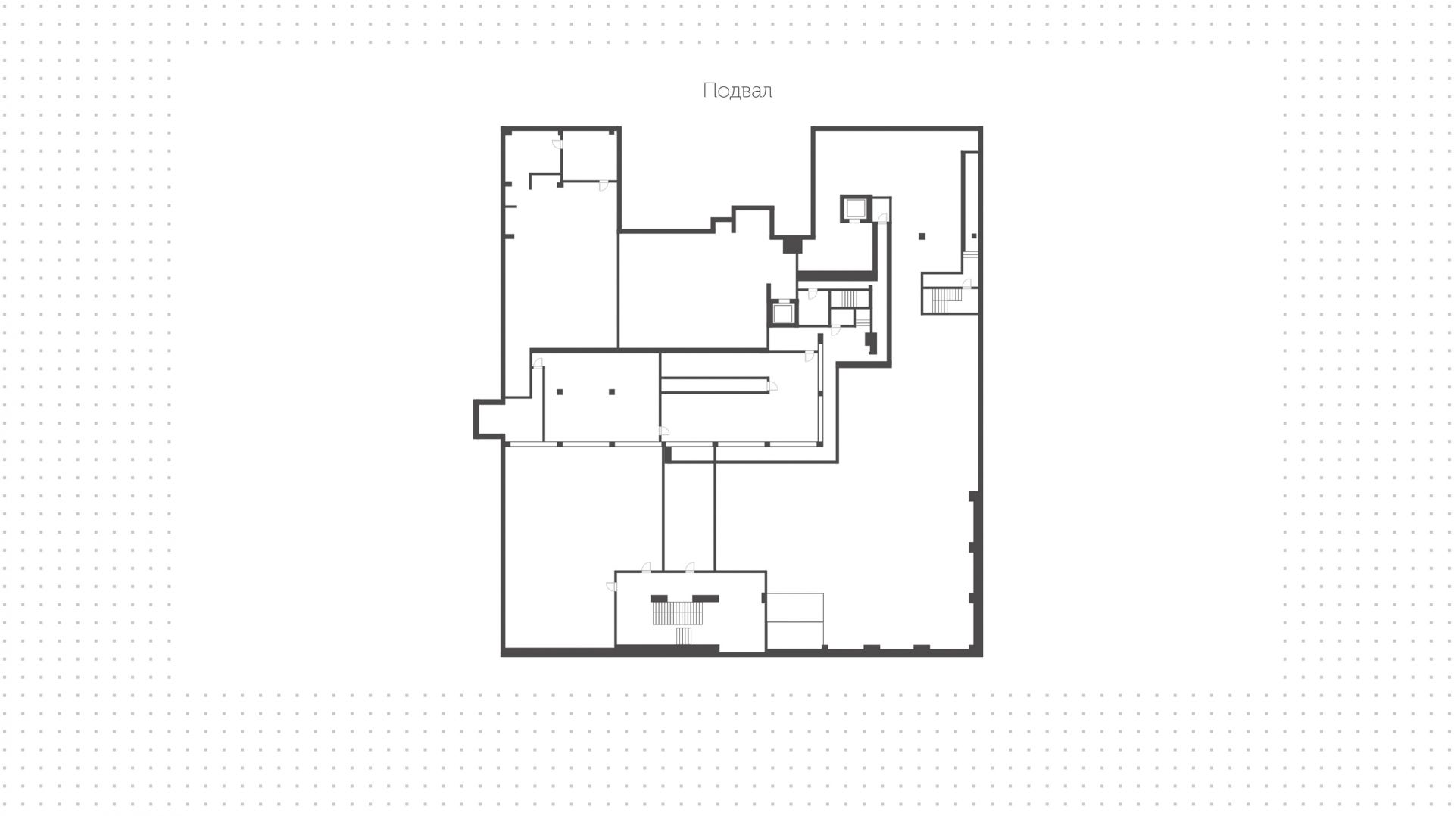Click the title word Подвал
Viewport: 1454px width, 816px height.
coord(737,91)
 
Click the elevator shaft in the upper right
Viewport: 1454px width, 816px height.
coord(856,208)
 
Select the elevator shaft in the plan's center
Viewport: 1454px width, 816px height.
coord(782,313)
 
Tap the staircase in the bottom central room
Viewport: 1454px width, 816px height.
coord(679,617)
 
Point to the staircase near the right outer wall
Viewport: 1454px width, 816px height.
coord(946,300)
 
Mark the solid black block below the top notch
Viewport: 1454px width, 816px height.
coord(792,245)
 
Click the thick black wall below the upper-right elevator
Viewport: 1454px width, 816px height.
coord(837,276)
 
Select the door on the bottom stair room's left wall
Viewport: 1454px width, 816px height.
coord(611,586)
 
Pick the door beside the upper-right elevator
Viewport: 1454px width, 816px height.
coord(881,219)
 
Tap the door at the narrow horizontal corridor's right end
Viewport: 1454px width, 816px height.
coord(772,386)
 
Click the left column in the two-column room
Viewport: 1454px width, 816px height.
coord(560,392)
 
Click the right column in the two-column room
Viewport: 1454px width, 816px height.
coord(612,392)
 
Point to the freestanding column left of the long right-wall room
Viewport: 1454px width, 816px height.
coord(922,236)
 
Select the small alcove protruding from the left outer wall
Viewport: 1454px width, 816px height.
coord(489,419)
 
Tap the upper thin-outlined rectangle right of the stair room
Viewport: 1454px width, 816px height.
coord(794,608)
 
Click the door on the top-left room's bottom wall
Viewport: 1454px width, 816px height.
coord(604,185)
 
